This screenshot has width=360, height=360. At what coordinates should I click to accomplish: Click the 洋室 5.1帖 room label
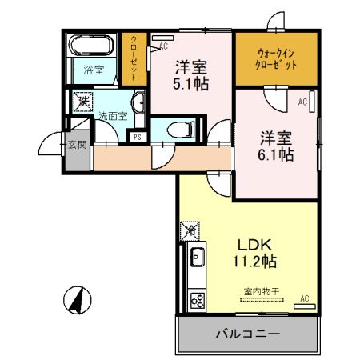[x=192, y=74]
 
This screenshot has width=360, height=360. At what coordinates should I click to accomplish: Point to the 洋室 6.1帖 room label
[x=274, y=144]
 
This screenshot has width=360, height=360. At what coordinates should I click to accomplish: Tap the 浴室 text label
[x=94, y=70]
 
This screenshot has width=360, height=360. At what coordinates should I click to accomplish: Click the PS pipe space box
[x=138, y=136]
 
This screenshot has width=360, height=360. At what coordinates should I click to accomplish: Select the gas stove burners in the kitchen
[x=197, y=300]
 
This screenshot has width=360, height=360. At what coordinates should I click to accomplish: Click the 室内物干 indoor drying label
[x=258, y=291]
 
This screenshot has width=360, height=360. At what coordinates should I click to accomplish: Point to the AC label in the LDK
[x=304, y=298]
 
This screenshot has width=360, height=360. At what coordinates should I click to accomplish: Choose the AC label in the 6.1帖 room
[x=302, y=102]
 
